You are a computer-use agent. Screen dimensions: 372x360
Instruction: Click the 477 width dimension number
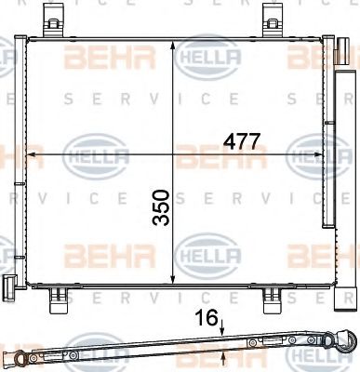click(239, 140)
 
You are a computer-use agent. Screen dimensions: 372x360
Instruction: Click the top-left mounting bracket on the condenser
click(60, 20)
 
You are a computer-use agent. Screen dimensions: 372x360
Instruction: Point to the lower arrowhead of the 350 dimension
click(176, 277)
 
